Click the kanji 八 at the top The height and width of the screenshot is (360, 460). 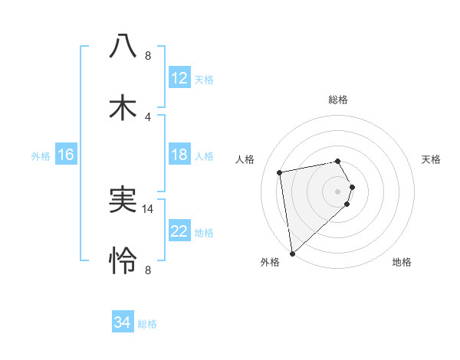(x=123, y=46)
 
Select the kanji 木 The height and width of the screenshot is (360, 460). (x=123, y=108)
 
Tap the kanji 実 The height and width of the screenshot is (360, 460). (x=123, y=200)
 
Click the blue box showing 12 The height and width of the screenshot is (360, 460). (x=179, y=78)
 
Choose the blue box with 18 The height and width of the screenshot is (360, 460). (x=179, y=155)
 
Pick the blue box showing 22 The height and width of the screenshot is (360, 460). (x=179, y=231)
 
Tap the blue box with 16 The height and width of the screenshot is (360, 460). (x=66, y=155)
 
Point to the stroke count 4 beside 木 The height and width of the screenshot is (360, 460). (x=148, y=116)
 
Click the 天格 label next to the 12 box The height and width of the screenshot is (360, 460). (x=204, y=79)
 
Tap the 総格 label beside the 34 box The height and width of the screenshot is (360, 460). (x=147, y=324)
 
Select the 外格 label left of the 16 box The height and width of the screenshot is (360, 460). (x=41, y=155)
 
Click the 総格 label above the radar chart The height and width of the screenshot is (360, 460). (x=338, y=100)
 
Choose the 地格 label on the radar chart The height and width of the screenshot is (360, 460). (x=402, y=262)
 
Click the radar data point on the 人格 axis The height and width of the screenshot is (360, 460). (x=280, y=172)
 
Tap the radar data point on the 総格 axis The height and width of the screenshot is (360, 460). (x=338, y=161)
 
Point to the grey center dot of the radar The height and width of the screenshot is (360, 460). (x=338, y=191)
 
